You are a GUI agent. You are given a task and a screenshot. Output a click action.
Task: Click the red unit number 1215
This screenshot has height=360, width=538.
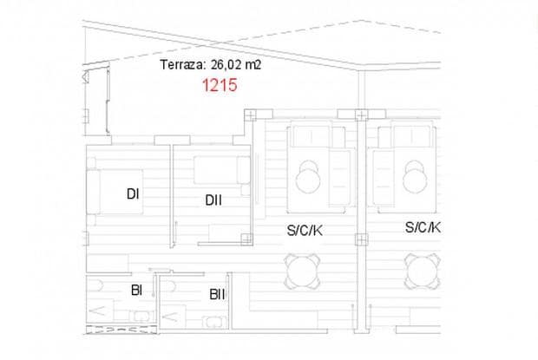[220, 85]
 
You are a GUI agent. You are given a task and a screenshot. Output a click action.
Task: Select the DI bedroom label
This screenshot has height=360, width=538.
[133, 194]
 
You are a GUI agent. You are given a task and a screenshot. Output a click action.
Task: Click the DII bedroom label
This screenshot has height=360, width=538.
[213, 200]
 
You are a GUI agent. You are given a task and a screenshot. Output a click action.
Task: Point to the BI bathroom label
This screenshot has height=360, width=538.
[136, 290]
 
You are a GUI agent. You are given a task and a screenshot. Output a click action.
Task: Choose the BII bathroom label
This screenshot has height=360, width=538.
[217, 294]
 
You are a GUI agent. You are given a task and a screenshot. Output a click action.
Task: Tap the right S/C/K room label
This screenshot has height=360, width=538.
[423, 227]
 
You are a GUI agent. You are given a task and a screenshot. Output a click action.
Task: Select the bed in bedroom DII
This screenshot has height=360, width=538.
[222, 170]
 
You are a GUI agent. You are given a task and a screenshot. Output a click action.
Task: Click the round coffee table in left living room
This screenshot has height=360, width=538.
[309, 180]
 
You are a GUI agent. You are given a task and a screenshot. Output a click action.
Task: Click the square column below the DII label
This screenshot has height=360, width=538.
[246, 238]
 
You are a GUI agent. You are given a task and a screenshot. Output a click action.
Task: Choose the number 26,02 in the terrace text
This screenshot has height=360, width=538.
[239, 65]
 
